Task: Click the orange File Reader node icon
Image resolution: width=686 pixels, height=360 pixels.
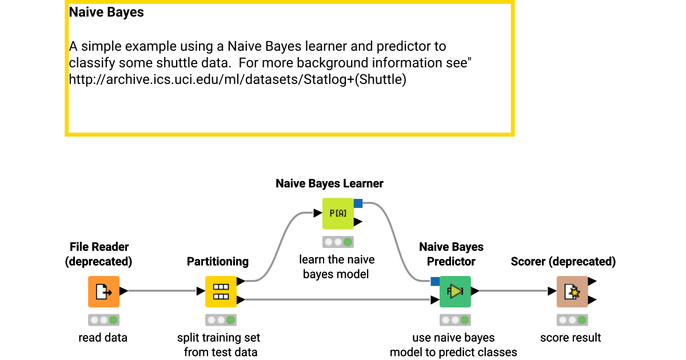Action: [103, 291]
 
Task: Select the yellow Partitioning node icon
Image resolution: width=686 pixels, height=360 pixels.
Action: [221, 291]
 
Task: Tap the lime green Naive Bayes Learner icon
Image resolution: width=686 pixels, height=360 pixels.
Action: [338, 214]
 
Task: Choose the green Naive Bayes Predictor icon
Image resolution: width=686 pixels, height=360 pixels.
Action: [455, 291]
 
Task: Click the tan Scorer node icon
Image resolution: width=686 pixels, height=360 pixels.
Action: [572, 291]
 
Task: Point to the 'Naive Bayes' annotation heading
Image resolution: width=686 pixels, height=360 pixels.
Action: [106, 12]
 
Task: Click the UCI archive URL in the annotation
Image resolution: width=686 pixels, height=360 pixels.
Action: [237, 79]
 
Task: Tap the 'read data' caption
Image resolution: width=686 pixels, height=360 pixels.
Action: [103, 338]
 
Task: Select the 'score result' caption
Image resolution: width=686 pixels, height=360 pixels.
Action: [571, 338]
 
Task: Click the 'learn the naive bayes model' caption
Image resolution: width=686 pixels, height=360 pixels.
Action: [337, 267]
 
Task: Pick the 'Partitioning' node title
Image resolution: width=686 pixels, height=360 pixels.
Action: [218, 262]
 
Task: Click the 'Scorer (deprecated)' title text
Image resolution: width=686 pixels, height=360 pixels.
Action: [563, 262]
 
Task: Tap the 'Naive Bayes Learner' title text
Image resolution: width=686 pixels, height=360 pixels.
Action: [329, 183]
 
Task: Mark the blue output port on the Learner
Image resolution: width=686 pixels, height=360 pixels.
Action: [358, 203]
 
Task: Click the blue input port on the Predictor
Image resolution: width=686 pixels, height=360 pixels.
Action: [435, 281]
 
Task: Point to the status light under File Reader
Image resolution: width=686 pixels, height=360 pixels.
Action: [103, 320]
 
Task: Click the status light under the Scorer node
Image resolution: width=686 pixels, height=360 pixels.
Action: [572, 320]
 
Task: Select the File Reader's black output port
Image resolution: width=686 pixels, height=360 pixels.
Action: [123, 291]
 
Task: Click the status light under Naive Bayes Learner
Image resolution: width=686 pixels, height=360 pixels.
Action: [338, 242]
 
